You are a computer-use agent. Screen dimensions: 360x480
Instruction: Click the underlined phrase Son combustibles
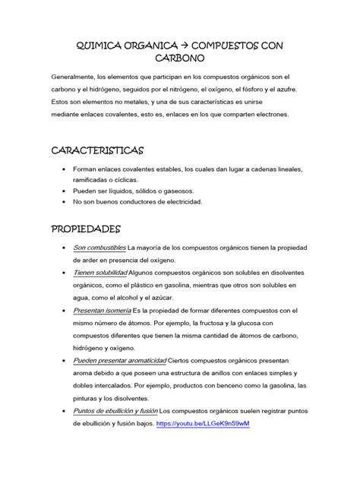click(99, 248)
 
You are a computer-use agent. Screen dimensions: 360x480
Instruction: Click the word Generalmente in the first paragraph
click(73, 78)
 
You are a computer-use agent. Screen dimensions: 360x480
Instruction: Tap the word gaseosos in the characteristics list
click(176, 190)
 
